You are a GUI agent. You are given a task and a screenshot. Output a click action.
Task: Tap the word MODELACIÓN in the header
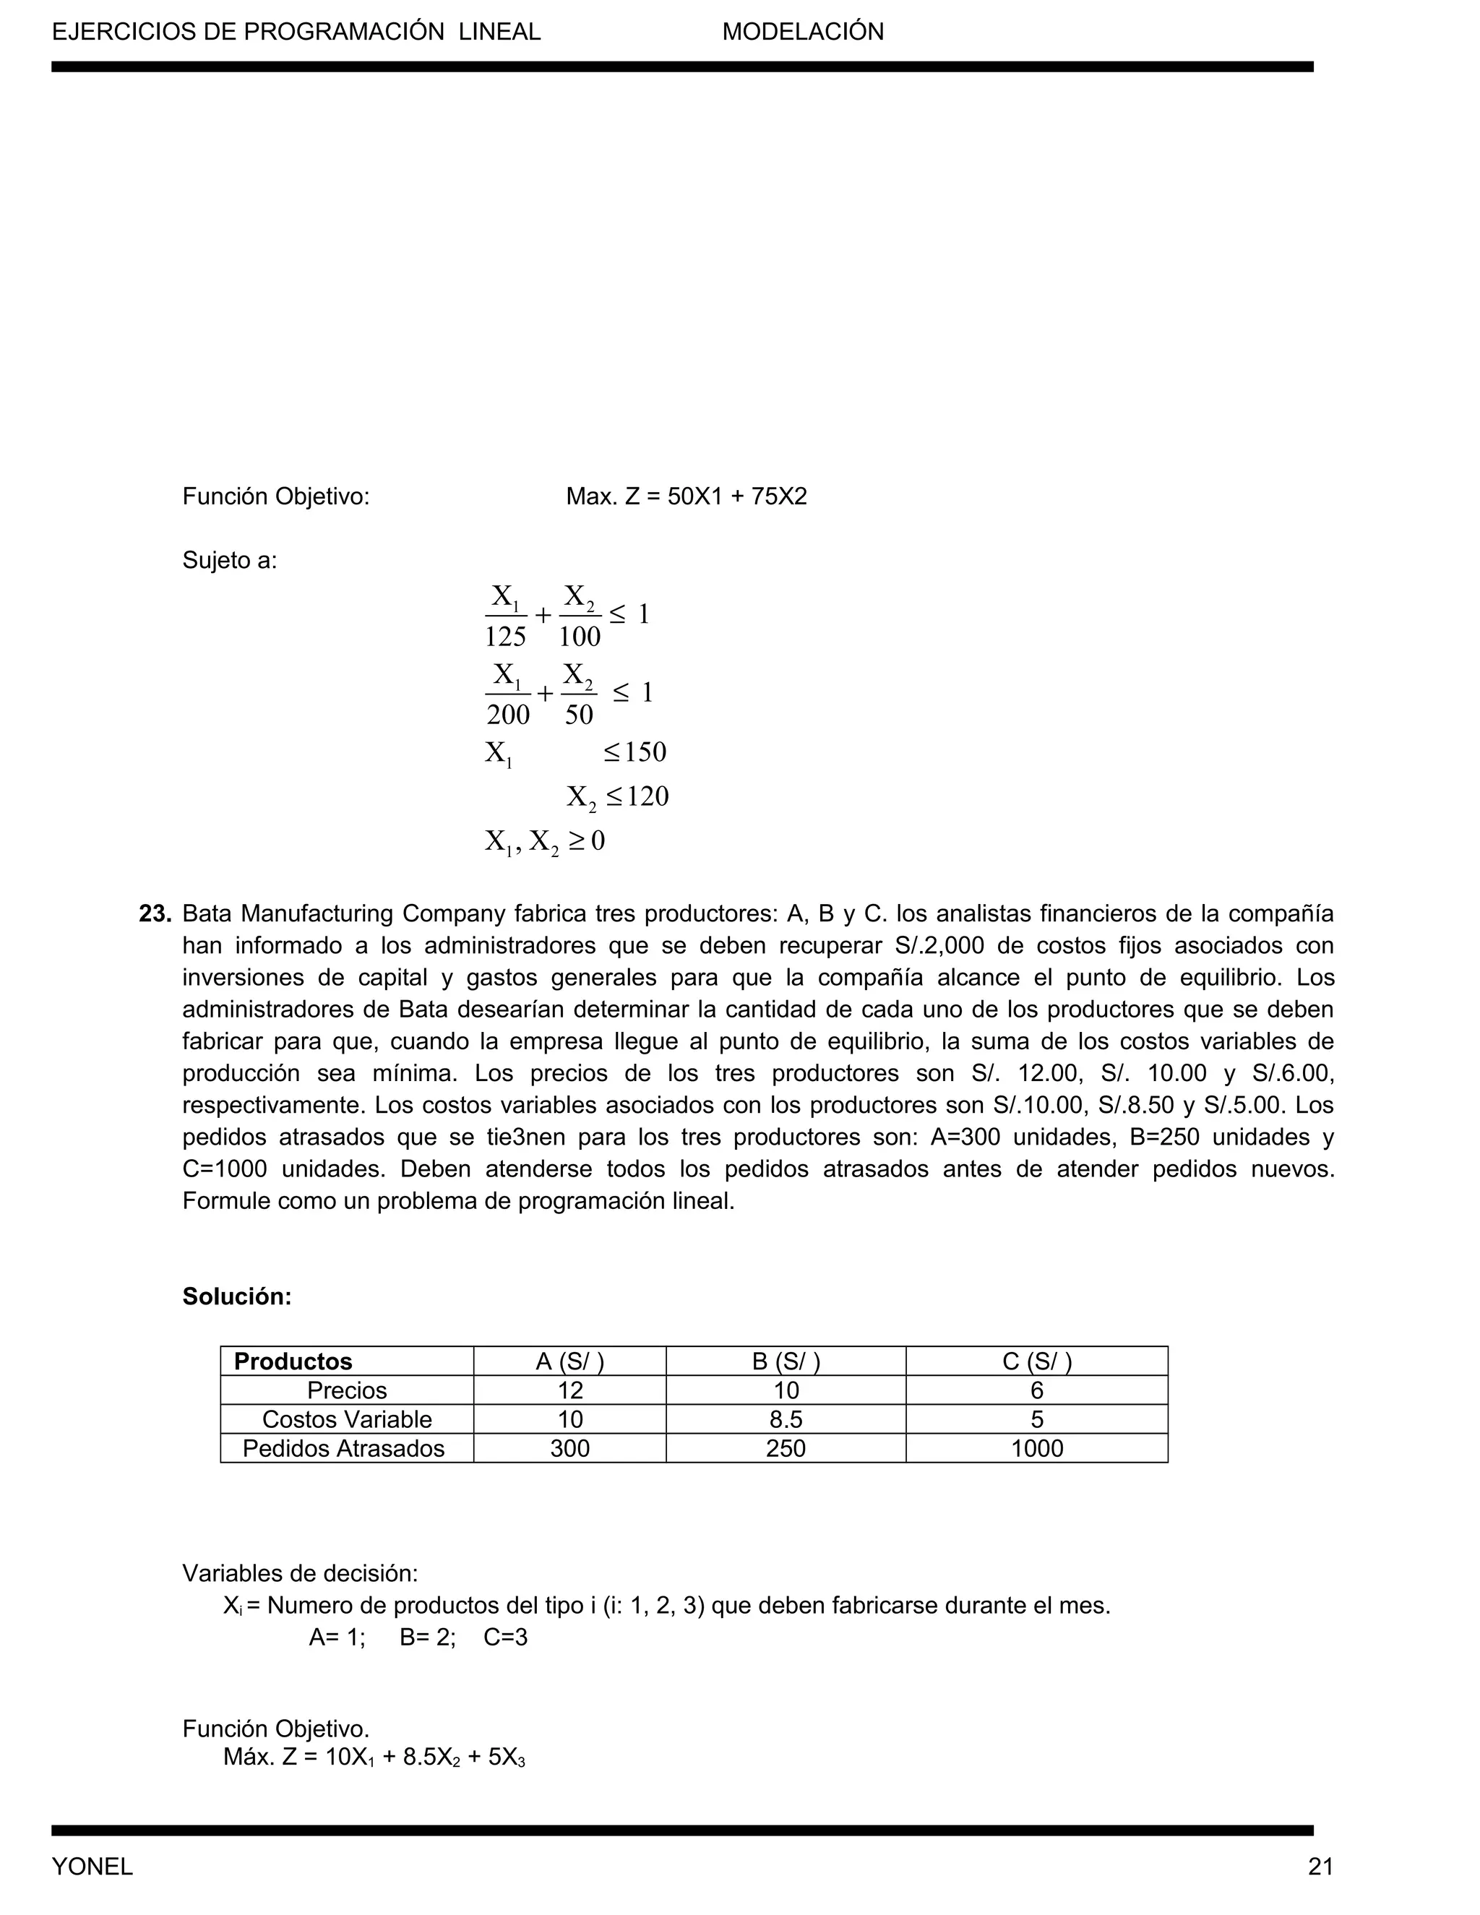(x=802, y=33)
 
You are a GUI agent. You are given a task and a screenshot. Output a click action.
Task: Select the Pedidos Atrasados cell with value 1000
(x=1036, y=1447)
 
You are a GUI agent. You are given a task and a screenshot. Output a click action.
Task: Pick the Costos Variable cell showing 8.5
(x=785, y=1419)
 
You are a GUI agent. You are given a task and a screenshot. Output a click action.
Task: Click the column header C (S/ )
(x=1036, y=1361)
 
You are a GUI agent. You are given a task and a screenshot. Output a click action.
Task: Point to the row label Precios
(x=346, y=1390)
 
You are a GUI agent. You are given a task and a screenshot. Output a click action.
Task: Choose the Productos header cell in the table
(x=293, y=1361)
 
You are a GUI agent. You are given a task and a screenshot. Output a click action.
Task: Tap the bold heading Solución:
(x=237, y=1296)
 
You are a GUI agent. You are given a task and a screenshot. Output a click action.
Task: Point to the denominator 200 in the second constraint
(x=507, y=715)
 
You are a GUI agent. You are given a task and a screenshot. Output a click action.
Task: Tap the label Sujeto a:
(x=229, y=560)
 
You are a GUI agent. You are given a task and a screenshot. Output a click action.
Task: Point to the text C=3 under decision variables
(x=506, y=1637)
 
